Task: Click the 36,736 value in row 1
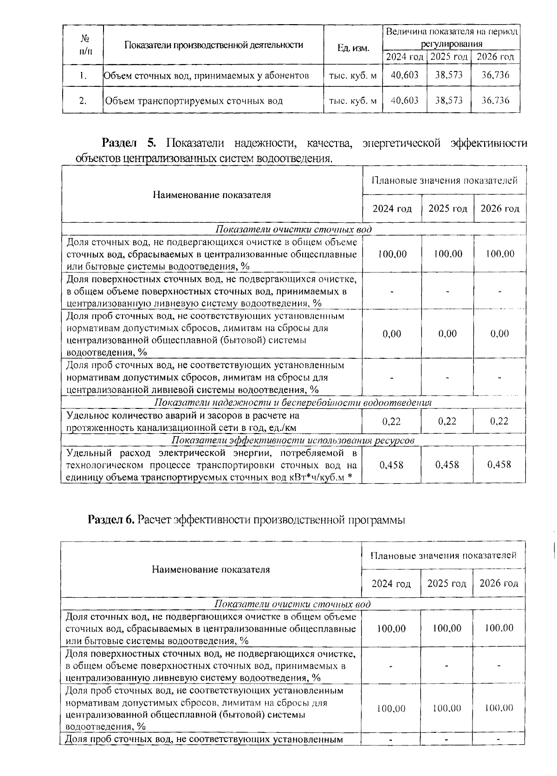495,75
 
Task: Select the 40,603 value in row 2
404,100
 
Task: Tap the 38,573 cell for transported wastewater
448,100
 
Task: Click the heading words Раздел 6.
111,520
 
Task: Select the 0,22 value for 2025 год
447,421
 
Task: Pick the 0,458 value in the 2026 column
499,465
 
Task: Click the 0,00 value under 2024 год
392,334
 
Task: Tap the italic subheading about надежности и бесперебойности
292,402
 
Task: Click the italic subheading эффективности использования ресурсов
292,440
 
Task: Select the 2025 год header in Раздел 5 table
447,209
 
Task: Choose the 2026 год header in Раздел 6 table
499,583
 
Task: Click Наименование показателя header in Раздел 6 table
211,569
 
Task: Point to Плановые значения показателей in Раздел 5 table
444,181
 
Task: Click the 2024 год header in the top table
404,57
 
